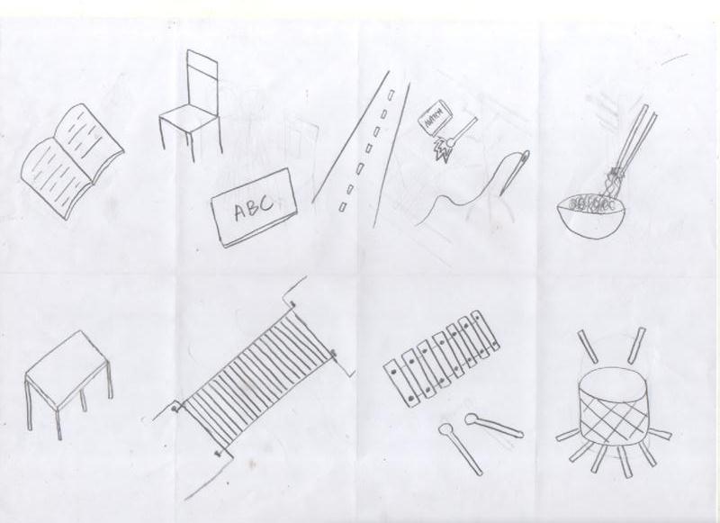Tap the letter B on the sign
click(x=255, y=209)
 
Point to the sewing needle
click(x=513, y=171)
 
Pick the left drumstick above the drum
click(x=589, y=345)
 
